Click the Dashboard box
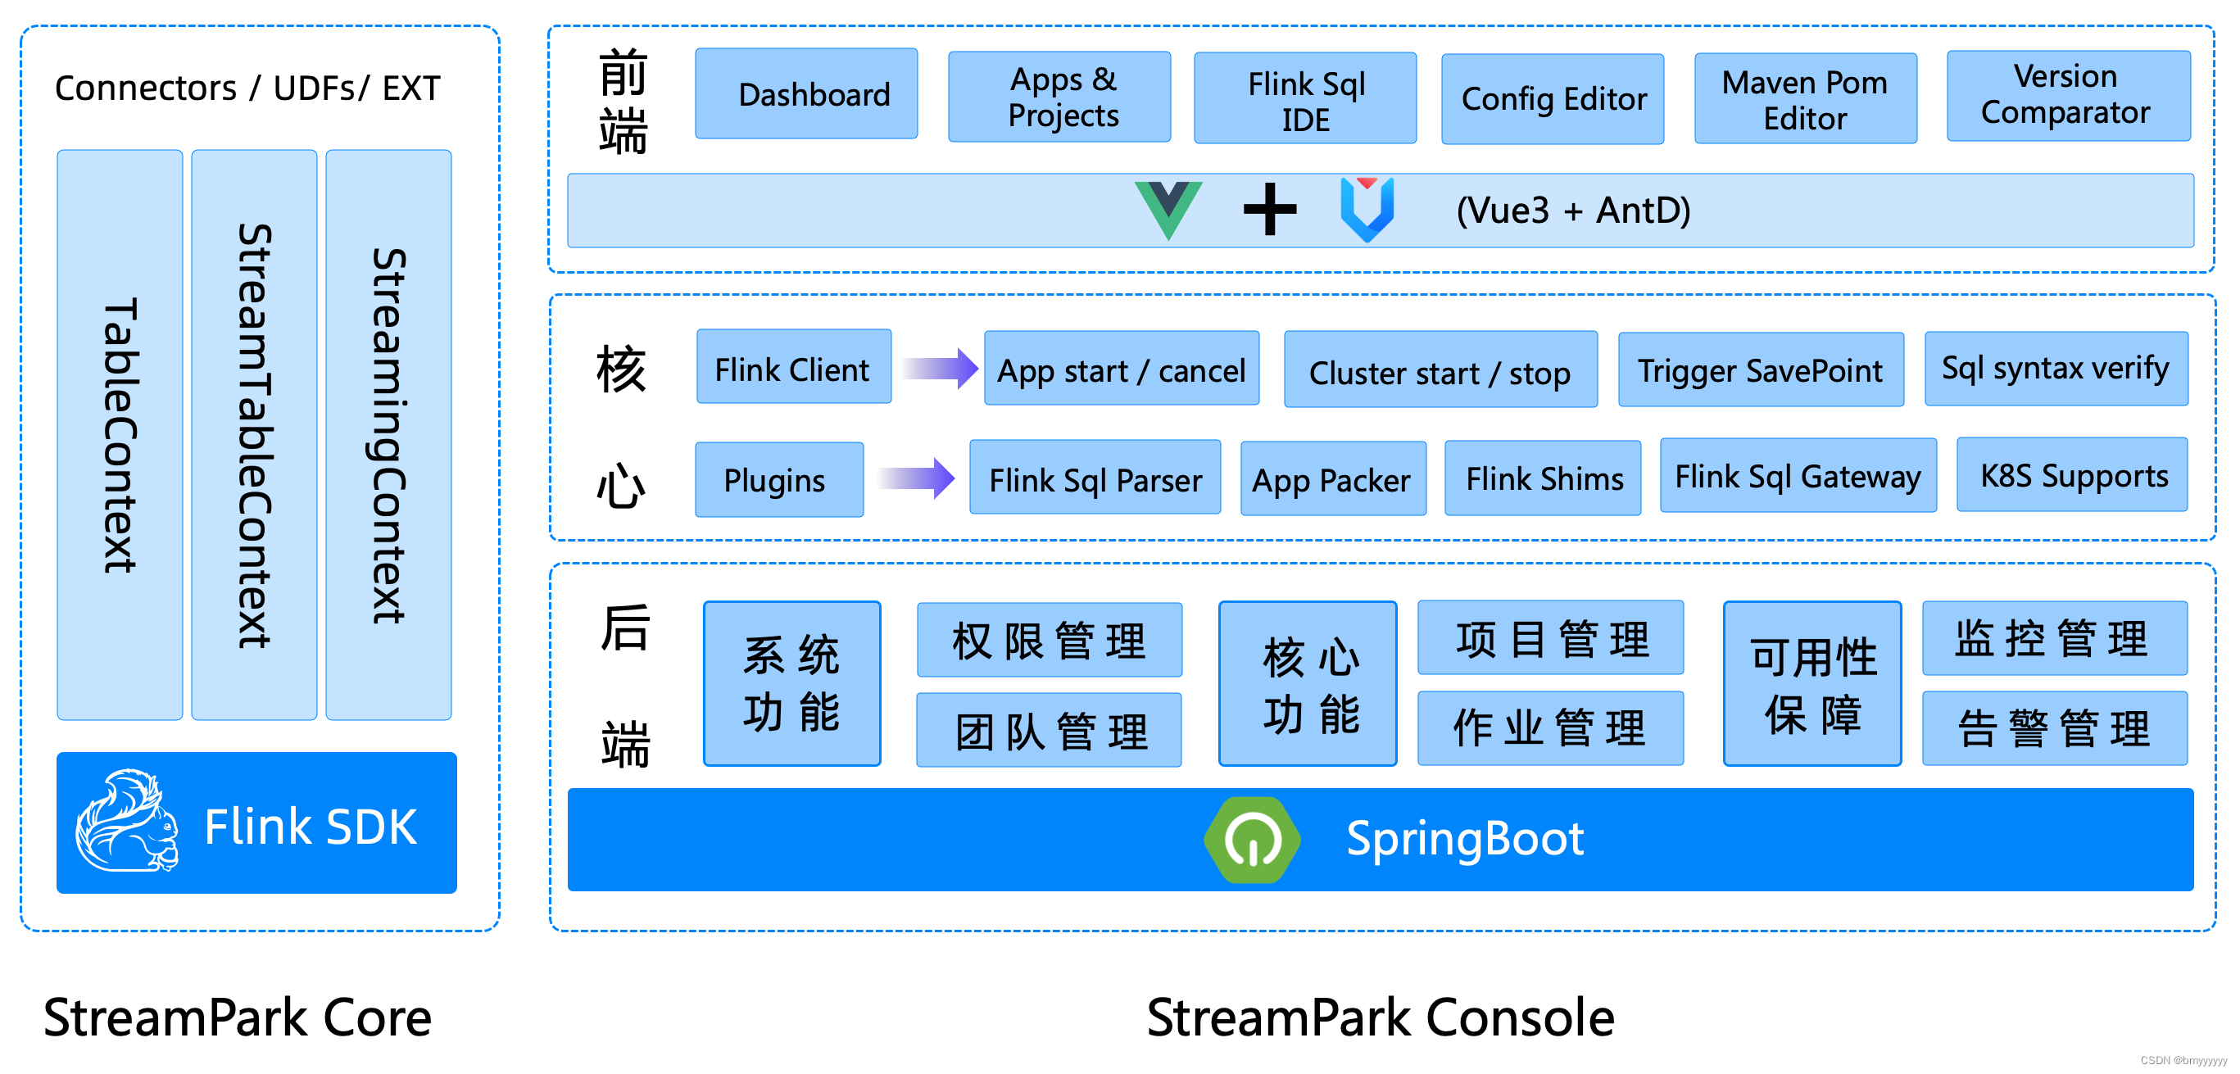click(x=806, y=94)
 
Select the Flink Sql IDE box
click(x=1304, y=98)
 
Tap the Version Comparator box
click(x=2068, y=96)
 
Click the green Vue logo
click(x=1168, y=209)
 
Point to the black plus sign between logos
click(x=1270, y=209)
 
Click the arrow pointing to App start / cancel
click(x=939, y=369)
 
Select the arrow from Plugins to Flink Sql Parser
click(x=917, y=478)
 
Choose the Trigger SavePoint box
click(x=1760, y=369)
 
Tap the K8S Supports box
click(x=2072, y=476)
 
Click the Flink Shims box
click(x=1543, y=478)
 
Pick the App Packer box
click(x=1332, y=479)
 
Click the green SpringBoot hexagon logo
click(x=1251, y=839)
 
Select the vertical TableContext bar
click(x=120, y=435)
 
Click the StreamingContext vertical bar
click(x=388, y=435)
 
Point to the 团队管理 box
click(x=1049, y=731)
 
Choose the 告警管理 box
click(x=2054, y=729)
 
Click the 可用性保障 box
click(x=1812, y=683)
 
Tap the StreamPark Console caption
click(x=1379, y=1017)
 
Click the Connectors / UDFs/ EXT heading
click(x=247, y=88)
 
